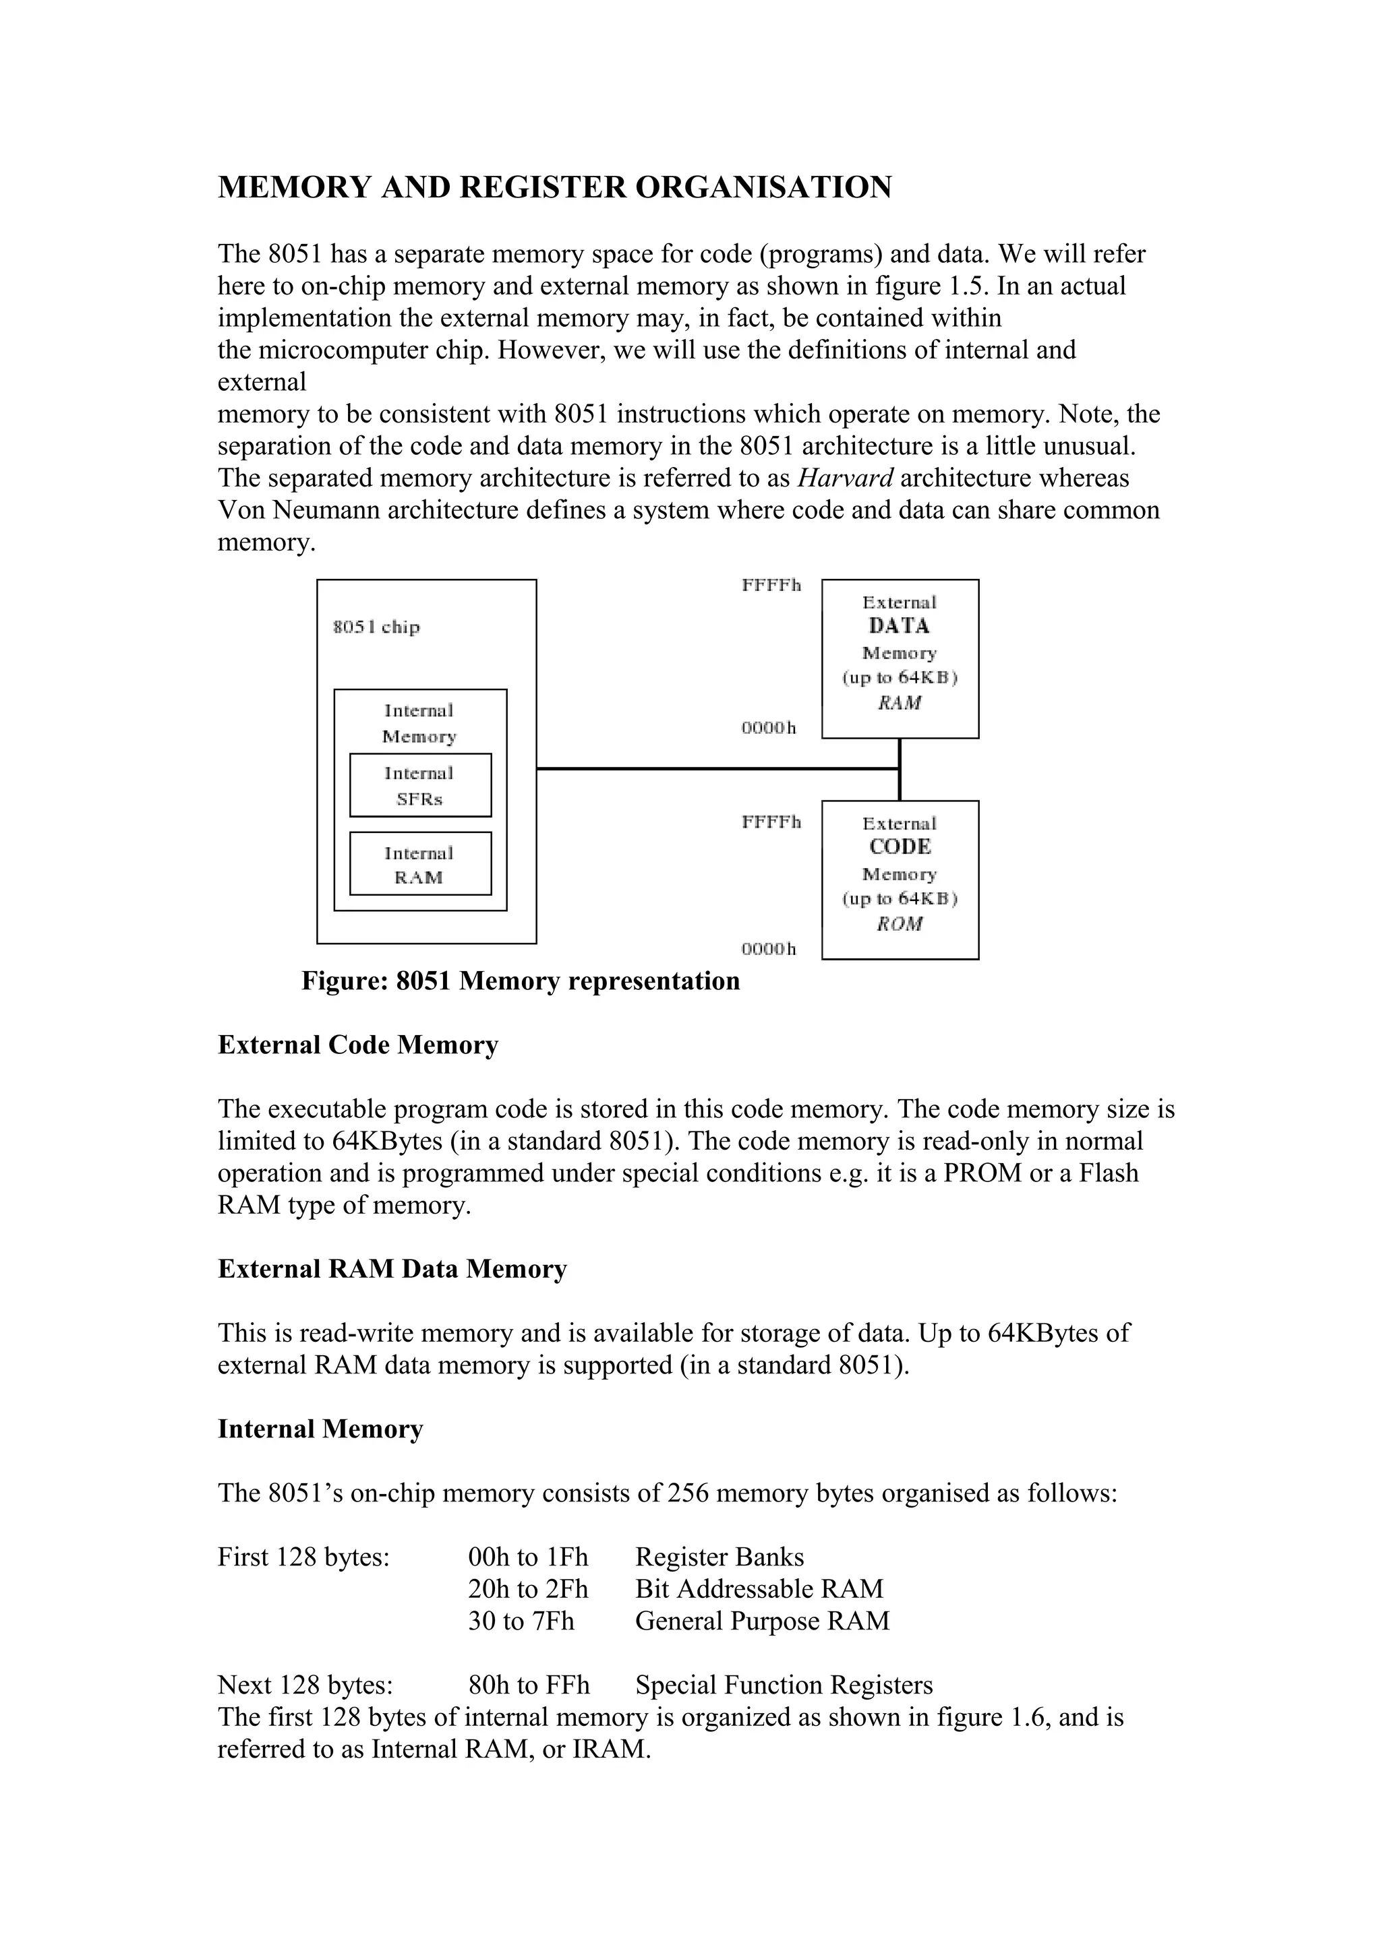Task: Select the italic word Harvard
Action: click(845, 478)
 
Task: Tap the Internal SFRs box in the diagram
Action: click(420, 785)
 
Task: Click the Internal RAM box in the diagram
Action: click(420, 864)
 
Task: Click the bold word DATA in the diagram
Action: click(900, 626)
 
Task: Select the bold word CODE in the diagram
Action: click(900, 847)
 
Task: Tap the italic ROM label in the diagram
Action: click(900, 924)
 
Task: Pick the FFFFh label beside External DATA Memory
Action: click(771, 585)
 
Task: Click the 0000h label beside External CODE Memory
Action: click(768, 948)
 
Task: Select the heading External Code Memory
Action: click(358, 1045)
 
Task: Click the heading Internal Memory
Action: click(320, 1428)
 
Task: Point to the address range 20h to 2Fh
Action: click(527, 1588)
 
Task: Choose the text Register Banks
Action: click(719, 1557)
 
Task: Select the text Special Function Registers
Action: click(784, 1684)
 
